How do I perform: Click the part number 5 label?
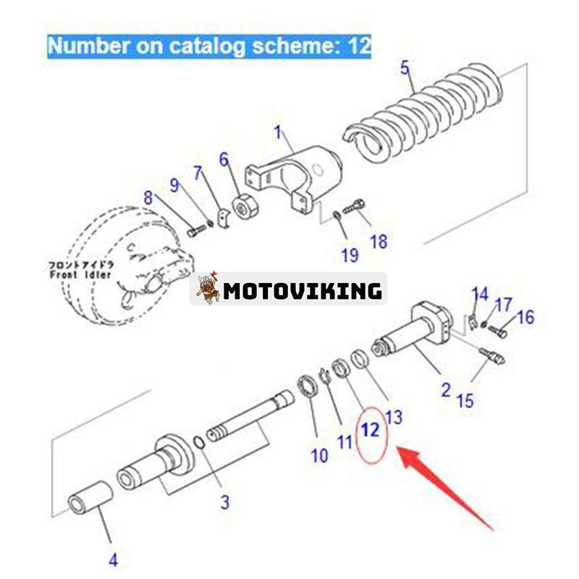click(405, 69)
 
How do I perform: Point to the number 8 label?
click(148, 197)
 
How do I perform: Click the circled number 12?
click(370, 430)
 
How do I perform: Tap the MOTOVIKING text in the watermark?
click(302, 291)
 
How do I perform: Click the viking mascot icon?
click(208, 288)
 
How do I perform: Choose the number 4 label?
click(114, 559)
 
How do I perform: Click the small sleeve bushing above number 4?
click(90, 498)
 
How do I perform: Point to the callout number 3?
click(225, 501)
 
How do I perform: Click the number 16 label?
click(525, 316)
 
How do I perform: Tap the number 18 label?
click(379, 242)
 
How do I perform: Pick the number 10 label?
click(319, 455)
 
